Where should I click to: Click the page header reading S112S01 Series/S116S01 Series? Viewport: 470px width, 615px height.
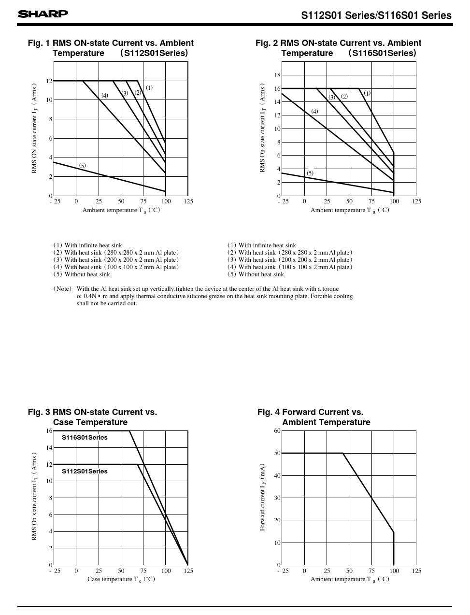tap(376, 15)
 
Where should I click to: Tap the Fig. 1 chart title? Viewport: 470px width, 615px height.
tap(111, 48)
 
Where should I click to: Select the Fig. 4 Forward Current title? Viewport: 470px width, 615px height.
tap(313, 417)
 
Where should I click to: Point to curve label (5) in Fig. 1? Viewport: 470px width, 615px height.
tap(82, 166)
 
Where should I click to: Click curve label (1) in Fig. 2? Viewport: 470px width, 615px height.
tap(367, 93)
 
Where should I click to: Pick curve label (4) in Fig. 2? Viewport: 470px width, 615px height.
tap(314, 112)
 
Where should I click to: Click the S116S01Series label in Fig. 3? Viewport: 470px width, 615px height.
tap(85, 438)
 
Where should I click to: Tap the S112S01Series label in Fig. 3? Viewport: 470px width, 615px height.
tap(85, 472)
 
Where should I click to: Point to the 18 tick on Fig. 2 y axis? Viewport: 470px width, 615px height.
tap(277, 75)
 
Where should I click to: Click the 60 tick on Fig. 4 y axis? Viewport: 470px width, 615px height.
tap(277, 431)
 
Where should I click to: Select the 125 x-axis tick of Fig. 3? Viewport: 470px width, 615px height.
tap(188, 571)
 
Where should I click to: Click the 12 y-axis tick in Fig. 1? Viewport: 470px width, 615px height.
tap(49, 81)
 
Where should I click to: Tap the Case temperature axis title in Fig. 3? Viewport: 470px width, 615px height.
tap(121, 579)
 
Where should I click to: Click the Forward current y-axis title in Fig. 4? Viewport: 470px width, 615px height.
tap(263, 498)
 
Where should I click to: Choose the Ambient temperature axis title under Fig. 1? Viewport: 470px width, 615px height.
tap(121, 210)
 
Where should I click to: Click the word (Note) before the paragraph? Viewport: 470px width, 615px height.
tap(62, 289)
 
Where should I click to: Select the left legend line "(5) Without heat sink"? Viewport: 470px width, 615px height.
tap(82, 274)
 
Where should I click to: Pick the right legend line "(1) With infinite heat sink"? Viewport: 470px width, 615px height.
tap(262, 245)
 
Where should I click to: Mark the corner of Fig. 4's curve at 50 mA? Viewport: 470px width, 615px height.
tap(343, 453)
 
